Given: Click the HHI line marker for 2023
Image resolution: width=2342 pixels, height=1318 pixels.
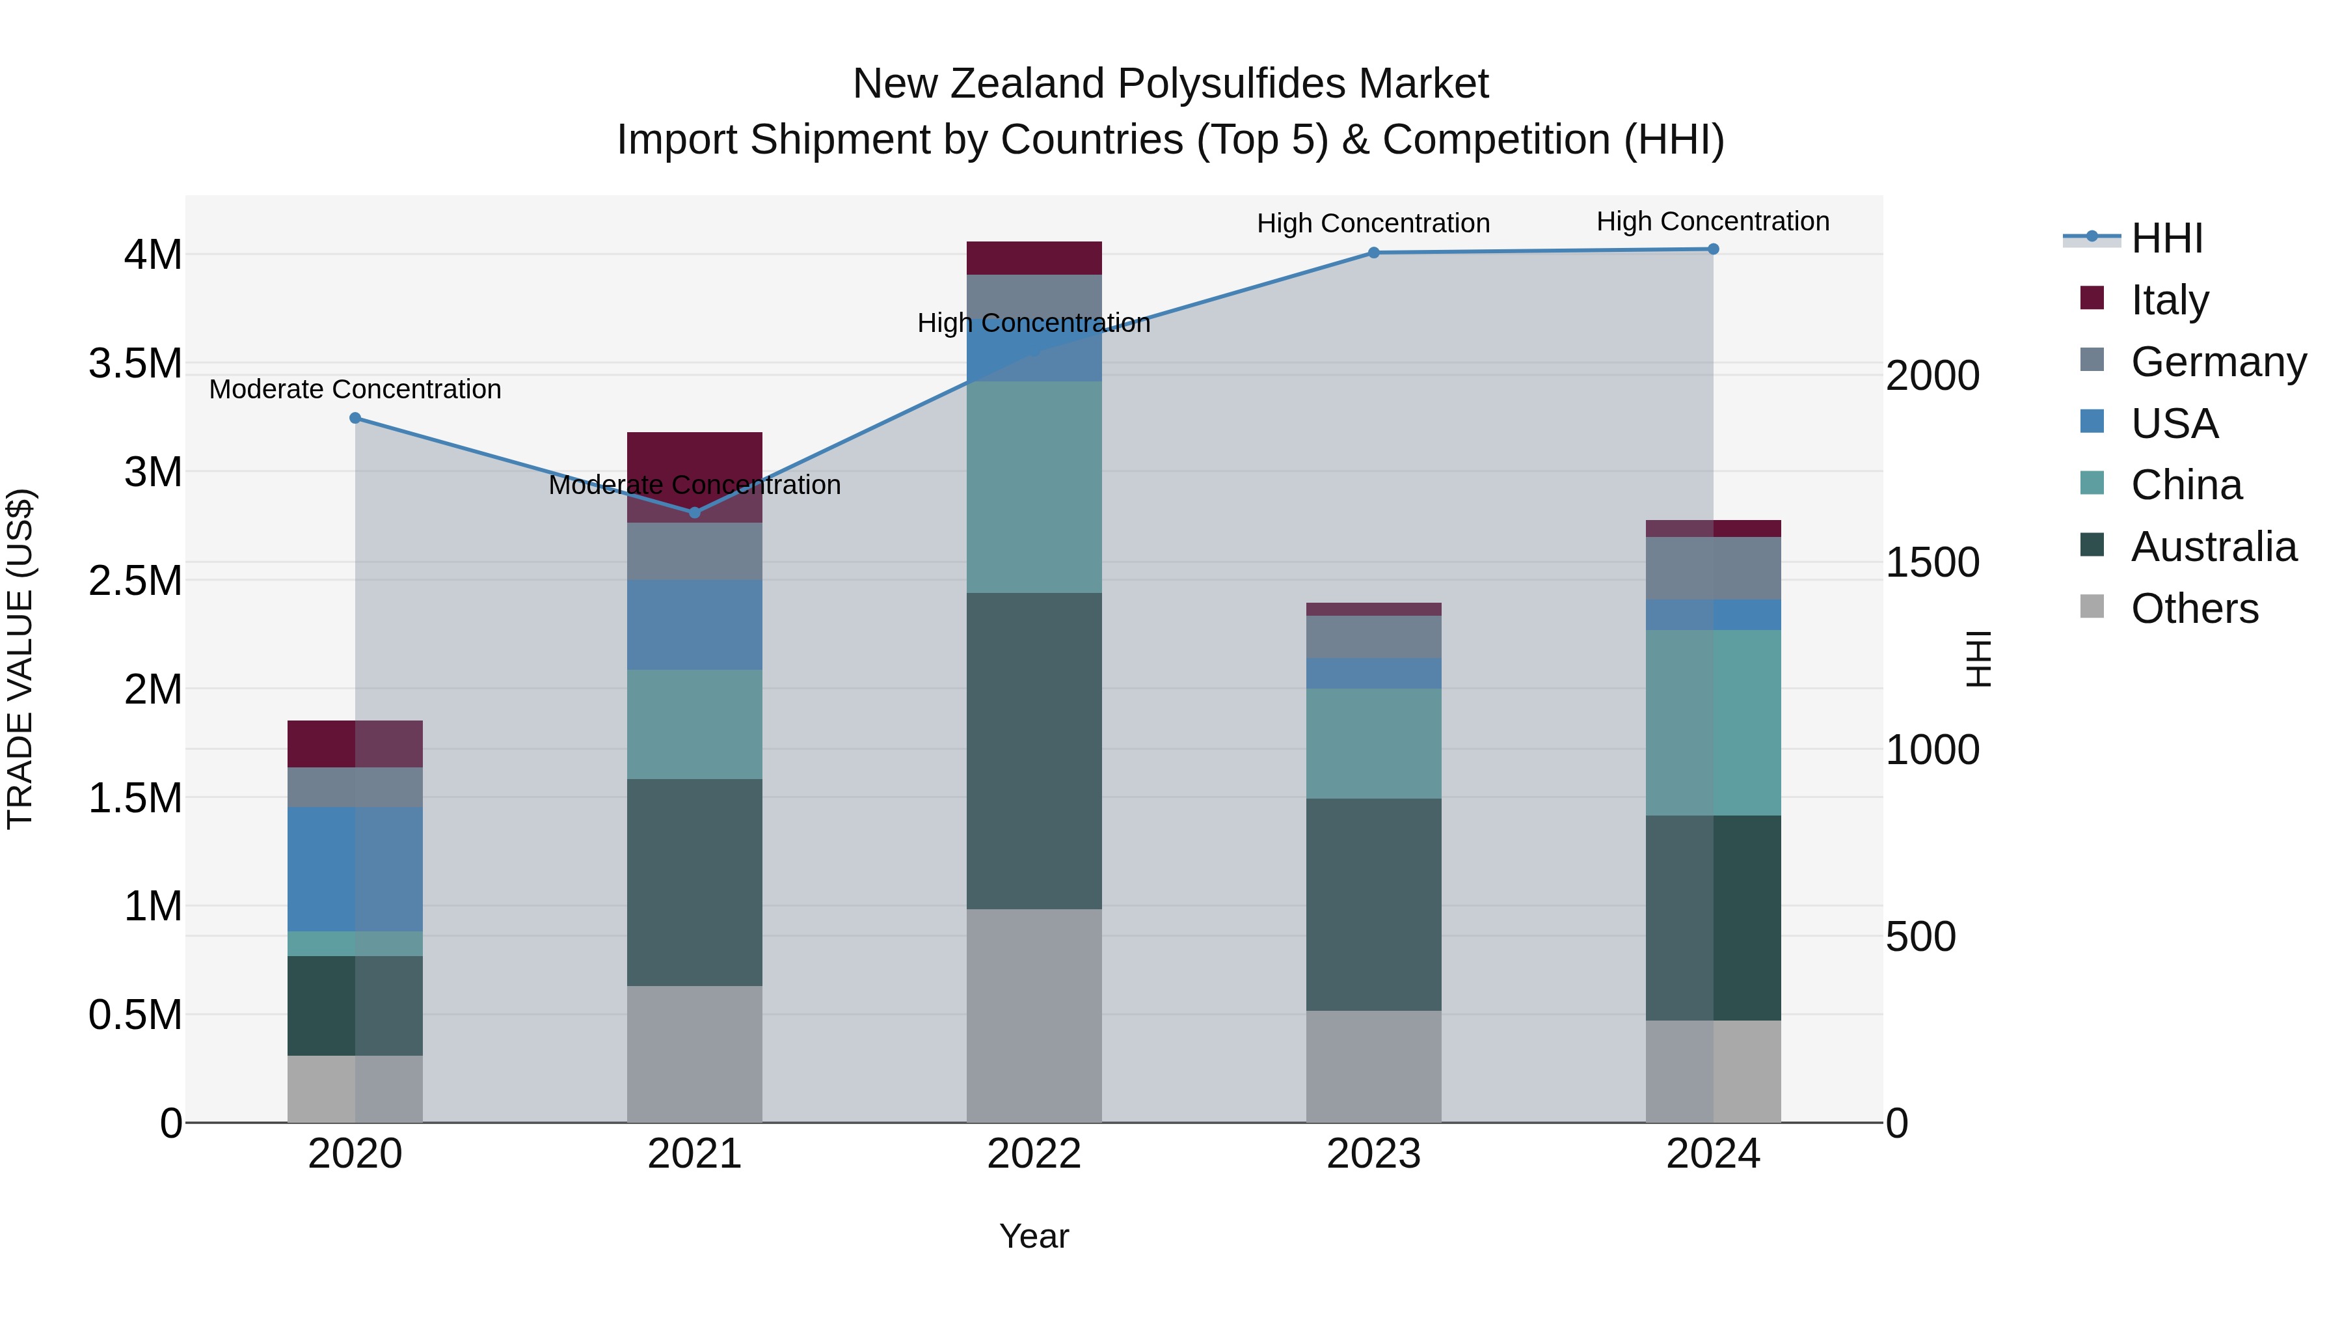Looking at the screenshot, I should click(x=1374, y=253).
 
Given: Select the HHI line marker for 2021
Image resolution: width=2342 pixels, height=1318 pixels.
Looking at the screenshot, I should click(x=695, y=513).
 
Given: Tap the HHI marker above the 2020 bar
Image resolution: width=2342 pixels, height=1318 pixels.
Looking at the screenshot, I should click(x=355, y=419).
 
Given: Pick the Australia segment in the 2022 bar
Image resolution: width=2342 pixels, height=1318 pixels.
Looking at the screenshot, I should click(x=1034, y=750).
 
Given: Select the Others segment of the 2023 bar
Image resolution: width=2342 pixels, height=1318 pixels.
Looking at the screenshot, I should click(x=1374, y=1066).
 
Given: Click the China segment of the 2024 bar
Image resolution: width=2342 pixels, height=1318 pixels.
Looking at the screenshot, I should click(x=1713, y=722).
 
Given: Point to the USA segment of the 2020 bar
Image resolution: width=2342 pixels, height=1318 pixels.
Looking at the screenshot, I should click(x=355, y=869).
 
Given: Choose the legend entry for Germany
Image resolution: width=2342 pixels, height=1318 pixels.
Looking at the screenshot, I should click(x=2218, y=362).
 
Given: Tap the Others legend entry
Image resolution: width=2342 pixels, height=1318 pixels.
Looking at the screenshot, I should click(x=2194, y=609).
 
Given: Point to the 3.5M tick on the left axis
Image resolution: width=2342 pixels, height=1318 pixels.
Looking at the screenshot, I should click(x=135, y=364).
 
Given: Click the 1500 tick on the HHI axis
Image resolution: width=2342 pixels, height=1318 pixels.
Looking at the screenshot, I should click(x=1932, y=563).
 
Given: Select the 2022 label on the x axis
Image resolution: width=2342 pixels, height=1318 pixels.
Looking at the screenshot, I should click(x=1034, y=1154).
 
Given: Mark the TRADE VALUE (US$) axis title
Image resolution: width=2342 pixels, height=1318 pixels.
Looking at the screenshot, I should click(x=20, y=659).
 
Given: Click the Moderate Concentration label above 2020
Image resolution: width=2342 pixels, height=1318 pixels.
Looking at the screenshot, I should click(x=355, y=389).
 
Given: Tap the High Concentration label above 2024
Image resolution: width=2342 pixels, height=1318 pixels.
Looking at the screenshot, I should click(x=1713, y=222).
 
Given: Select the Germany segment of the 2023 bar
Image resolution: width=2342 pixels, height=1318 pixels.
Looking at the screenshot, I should click(x=1374, y=637).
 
